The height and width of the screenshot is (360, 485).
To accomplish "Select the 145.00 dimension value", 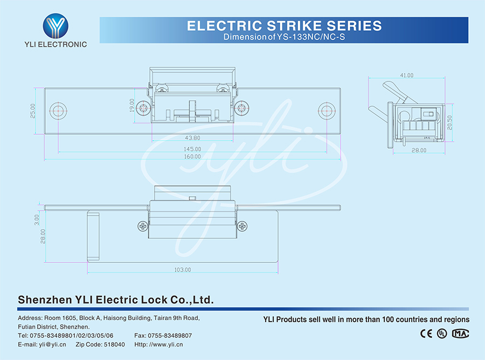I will (x=193, y=149).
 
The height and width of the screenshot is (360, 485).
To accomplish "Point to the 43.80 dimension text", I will (x=193, y=138).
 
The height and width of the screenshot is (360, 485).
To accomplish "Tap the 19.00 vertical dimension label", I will (x=133, y=104).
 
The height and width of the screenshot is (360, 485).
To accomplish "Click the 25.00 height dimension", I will (x=33, y=110).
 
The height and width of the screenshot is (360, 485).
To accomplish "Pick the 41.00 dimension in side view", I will (x=406, y=75).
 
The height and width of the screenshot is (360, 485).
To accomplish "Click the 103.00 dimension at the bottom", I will (x=182, y=269).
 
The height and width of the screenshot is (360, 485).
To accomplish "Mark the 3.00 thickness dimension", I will (x=37, y=219).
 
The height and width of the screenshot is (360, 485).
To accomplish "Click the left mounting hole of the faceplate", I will (x=59, y=110).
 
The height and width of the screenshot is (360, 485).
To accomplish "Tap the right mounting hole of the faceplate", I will (x=326, y=110).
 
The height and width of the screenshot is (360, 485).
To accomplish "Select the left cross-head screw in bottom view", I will (x=143, y=227).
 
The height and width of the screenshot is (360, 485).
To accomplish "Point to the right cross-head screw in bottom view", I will (x=242, y=227).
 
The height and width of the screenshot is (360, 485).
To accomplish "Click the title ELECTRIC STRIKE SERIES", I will (x=284, y=25).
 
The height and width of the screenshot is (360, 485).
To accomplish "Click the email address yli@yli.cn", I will (x=49, y=344).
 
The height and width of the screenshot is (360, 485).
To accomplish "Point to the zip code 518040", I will (x=114, y=344).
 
